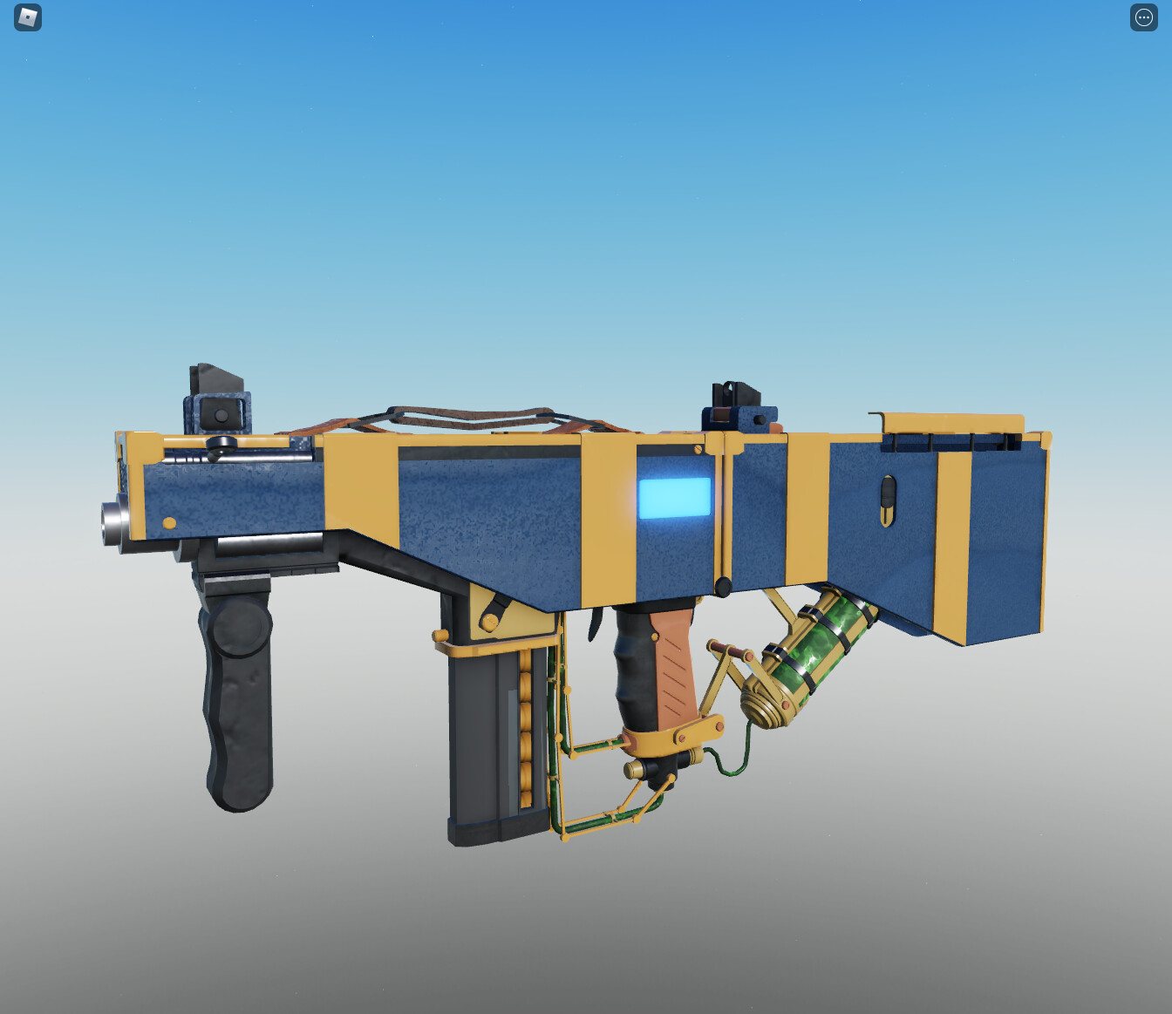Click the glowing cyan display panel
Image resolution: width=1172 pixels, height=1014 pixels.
674,498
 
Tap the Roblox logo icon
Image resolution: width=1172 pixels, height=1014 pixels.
28,17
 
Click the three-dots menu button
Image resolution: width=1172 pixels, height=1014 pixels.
1143,17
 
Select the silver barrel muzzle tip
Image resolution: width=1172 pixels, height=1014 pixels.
112,523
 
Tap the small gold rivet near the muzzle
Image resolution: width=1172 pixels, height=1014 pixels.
169,523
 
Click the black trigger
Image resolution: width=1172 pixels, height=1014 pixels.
596,623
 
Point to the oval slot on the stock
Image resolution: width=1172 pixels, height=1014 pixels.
887,500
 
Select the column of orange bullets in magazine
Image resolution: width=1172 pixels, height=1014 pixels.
525,732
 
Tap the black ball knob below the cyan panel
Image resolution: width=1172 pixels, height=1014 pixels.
723,587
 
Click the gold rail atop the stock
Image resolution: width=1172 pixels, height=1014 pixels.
955,424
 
